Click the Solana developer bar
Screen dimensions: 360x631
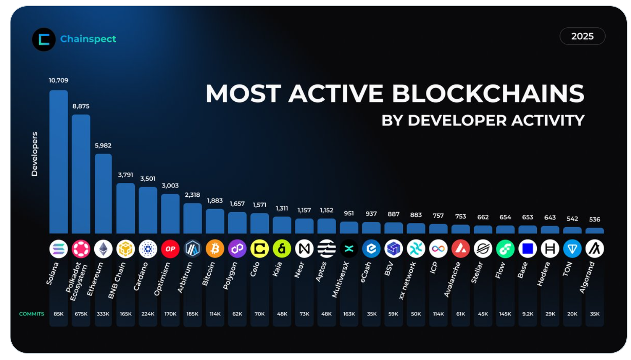click(58, 162)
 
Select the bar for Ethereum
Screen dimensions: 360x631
click(103, 194)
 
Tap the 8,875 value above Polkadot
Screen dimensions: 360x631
click(81, 106)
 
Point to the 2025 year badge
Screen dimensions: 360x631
click(582, 36)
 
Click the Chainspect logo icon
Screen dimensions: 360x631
click(44, 39)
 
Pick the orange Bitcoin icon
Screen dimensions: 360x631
click(215, 249)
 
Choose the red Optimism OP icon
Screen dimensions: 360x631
click(170, 249)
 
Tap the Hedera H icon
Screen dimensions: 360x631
click(550, 249)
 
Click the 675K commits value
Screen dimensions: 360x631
click(81, 314)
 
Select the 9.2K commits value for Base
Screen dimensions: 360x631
click(528, 314)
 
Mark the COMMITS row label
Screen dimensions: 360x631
click(32, 314)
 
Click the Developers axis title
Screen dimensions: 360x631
click(35, 154)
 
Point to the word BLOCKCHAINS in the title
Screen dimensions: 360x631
click(488, 94)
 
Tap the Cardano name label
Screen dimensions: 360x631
click(141, 276)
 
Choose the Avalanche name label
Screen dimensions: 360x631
click(452, 279)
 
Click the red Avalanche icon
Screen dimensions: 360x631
click(460, 249)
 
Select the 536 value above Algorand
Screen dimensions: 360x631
click(594, 219)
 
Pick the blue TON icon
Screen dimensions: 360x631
click(572, 249)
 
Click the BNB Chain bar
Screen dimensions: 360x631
click(125, 208)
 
